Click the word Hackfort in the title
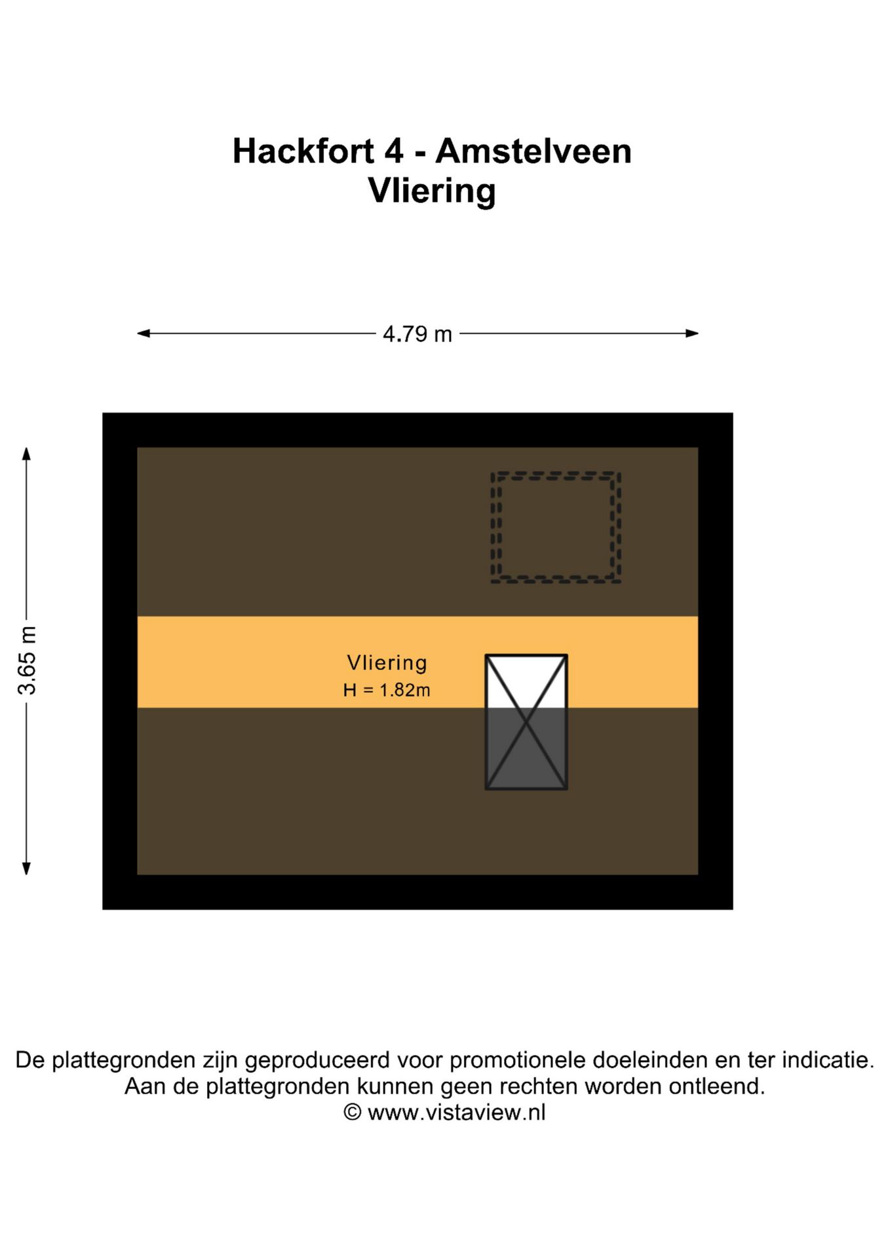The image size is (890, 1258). click(303, 151)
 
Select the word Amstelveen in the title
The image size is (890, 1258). click(533, 151)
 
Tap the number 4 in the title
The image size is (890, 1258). click(393, 151)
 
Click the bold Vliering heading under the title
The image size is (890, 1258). click(432, 191)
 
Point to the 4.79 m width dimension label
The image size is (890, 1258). click(417, 334)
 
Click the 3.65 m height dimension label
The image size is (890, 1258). click(28, 660)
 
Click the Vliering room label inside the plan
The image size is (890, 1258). click(387, 663)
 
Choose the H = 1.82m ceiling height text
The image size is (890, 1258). click(387, 690)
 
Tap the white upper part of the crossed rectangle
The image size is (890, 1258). click(526, 675)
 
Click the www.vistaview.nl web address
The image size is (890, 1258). click(456, 1112)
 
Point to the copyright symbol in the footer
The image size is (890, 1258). click(353, 1112)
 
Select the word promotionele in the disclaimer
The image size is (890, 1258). click(517, 1059)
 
